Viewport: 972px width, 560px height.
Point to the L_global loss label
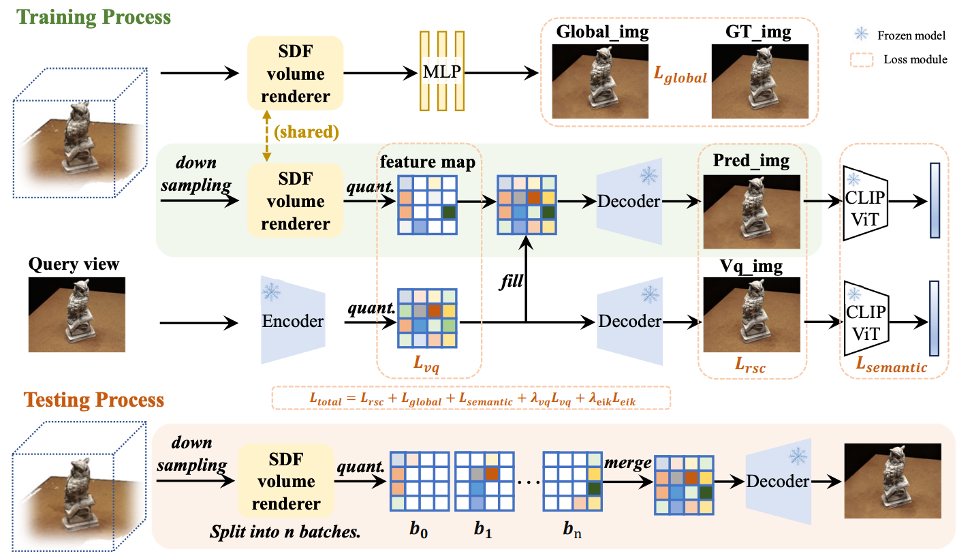(x=680, y=77)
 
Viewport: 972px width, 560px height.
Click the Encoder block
(x=293, y=321)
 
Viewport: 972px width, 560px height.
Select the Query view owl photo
(x=76, y=314)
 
